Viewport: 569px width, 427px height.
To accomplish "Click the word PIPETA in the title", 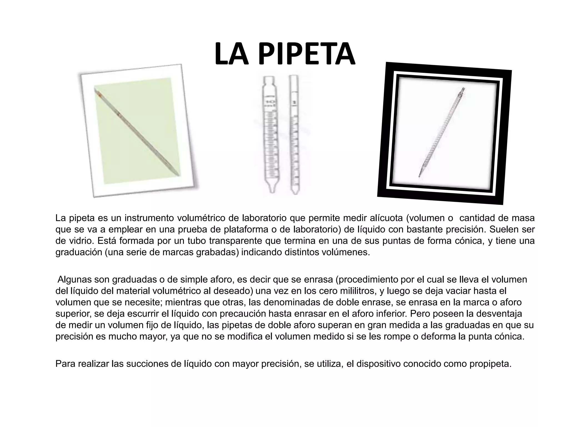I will (x=306, y=54).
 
